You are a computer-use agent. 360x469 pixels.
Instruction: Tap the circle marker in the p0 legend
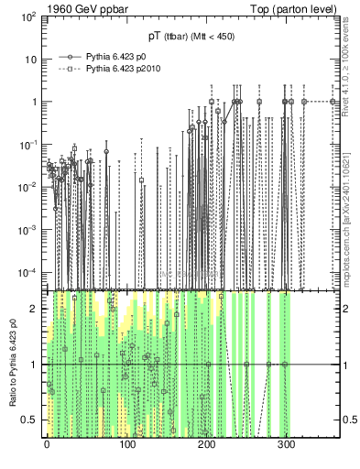pos(65,55)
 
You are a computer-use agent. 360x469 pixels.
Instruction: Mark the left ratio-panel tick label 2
pos(34,309)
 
